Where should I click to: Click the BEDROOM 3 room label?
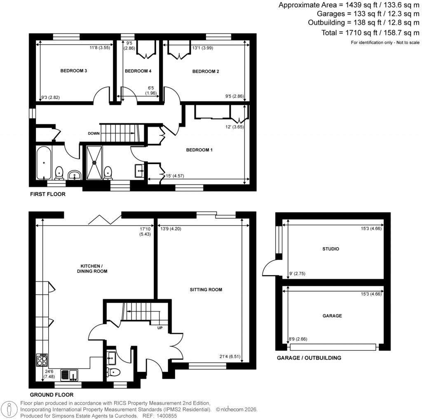[73, 71]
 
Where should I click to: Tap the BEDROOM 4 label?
[138, 71]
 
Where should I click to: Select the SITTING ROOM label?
[206, 290]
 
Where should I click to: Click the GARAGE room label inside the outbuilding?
[332, 316]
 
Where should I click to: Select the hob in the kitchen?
[42, 361]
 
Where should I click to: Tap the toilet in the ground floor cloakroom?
[113, 372]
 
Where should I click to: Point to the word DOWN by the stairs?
[94, 133]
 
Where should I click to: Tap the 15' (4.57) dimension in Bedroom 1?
[175, 177]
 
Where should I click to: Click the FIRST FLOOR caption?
[47, 194]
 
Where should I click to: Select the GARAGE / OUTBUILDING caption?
[309, 358]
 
